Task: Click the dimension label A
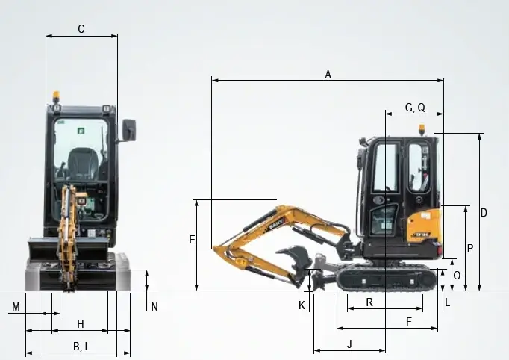328,75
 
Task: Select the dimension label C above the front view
81,29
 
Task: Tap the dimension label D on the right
484,213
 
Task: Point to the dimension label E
192,240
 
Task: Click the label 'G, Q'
415,108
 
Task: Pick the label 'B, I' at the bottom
81,347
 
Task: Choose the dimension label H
81,324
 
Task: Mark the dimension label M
16,307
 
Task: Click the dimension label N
154,307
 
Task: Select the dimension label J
349,344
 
